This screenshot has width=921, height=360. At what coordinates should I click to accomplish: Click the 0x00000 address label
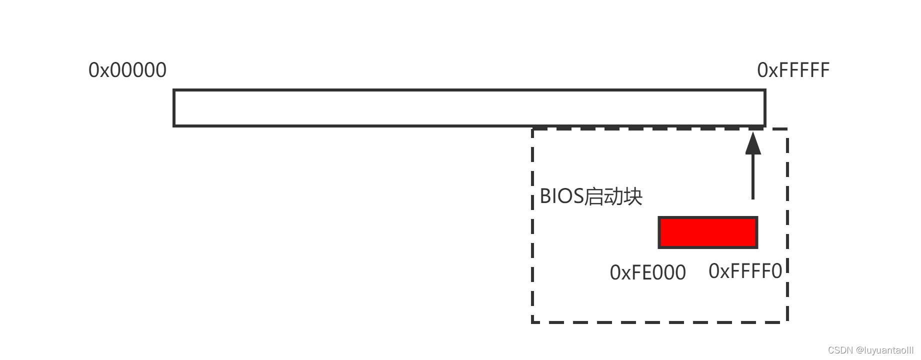[127, 70]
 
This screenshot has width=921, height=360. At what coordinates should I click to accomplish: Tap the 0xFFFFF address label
[793, 70]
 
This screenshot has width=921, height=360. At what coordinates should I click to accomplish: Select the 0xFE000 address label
[647, 273]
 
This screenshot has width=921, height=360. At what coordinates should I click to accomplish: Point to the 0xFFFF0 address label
[745, 271]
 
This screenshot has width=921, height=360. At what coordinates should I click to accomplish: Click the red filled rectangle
[708, 232]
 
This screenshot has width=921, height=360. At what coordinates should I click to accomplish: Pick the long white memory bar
[469, 108]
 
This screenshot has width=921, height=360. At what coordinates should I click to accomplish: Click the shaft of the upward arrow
[753, 177]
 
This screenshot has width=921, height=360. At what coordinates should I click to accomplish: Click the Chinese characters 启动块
[613, 196]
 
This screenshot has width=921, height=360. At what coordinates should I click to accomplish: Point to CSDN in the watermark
[840, 350]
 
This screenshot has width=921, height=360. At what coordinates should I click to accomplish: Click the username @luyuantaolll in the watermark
[884, 350]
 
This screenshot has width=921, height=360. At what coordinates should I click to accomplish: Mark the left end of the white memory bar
[174, 108]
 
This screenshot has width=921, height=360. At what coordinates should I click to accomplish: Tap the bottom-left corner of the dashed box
[533, 321]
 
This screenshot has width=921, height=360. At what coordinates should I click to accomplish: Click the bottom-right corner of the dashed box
[787, 321]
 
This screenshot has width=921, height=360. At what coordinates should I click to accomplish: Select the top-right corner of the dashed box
[787, 129]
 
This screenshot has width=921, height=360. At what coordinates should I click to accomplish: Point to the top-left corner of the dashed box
[533, 129]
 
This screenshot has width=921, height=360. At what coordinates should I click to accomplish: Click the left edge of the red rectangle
[659, 232]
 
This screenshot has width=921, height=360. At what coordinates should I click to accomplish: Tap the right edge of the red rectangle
[756, 232]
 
